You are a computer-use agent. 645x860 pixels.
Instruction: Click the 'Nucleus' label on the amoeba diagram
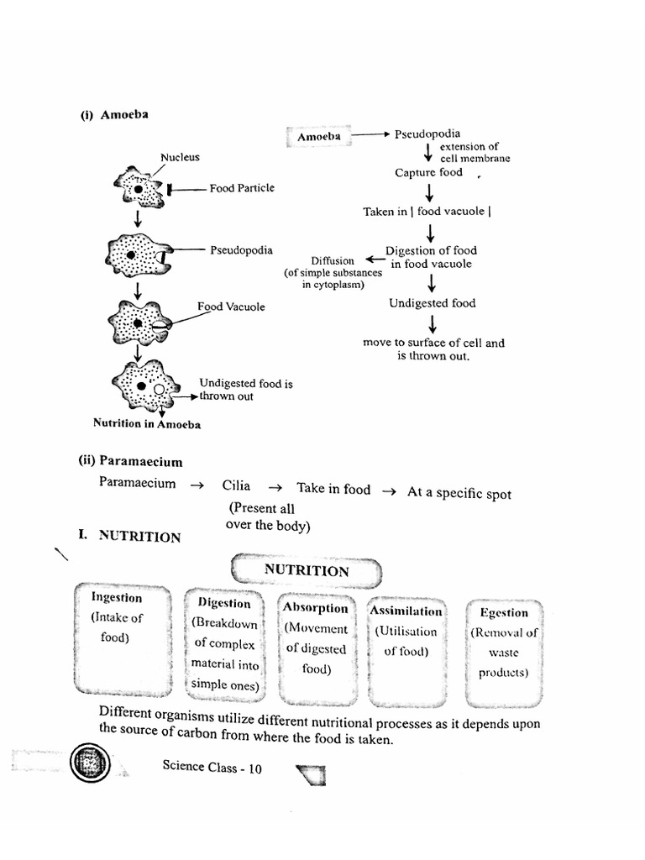(180, 157)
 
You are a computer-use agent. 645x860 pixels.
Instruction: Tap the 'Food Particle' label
(242, 189)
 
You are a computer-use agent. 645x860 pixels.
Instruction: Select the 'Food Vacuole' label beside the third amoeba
(231, 307)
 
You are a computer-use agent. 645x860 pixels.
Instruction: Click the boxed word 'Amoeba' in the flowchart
(318, 136)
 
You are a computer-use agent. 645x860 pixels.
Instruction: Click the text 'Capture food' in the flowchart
(428, 173)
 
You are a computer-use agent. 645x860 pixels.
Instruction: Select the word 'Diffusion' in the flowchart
(333, 261)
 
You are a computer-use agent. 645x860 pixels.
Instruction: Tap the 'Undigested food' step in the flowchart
(432, 303)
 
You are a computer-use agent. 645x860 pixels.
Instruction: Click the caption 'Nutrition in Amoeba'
(147, 424)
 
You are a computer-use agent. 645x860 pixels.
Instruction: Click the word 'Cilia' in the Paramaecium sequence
(237, 485)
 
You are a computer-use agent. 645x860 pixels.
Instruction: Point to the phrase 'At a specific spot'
(459, 494)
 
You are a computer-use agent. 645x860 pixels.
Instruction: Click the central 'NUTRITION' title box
(307, 571)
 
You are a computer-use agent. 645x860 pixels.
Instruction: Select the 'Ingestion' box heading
(117, 598)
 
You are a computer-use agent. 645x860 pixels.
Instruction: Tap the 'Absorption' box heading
(315, 608)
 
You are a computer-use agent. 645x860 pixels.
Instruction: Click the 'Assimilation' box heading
(406, 611)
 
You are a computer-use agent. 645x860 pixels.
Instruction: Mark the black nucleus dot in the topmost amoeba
(138, 191)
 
